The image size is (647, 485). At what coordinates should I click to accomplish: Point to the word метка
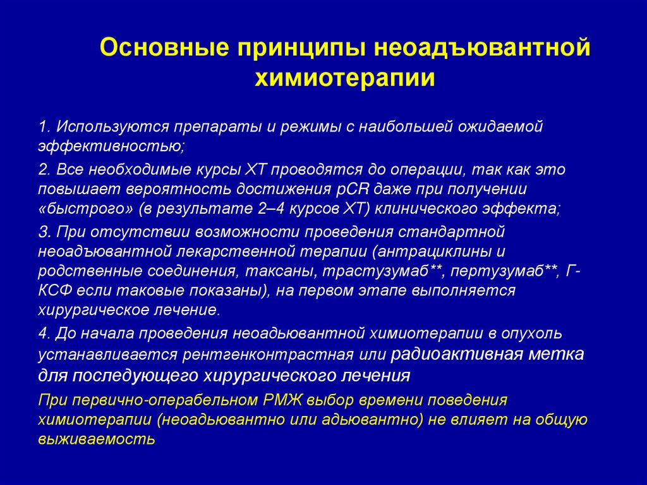(x=555, y=353)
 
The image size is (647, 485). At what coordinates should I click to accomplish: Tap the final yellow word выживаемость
(x=97, y=439)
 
